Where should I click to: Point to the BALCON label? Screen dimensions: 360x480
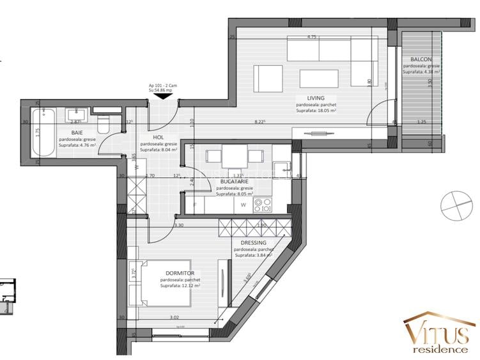[x=421, y=60]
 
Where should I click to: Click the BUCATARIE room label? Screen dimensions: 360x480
[x=235, y=182]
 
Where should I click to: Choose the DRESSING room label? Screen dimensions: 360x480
[x=254, y=243]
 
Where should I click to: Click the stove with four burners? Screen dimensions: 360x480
[x=263, y=205]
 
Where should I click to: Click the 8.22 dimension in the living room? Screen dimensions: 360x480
[x=259, y=121]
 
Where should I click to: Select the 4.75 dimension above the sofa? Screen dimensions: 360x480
[x=311, y=37]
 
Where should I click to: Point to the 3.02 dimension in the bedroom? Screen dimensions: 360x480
[x=174, y=317]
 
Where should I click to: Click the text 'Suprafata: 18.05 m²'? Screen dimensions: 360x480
[x=316, y=111]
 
